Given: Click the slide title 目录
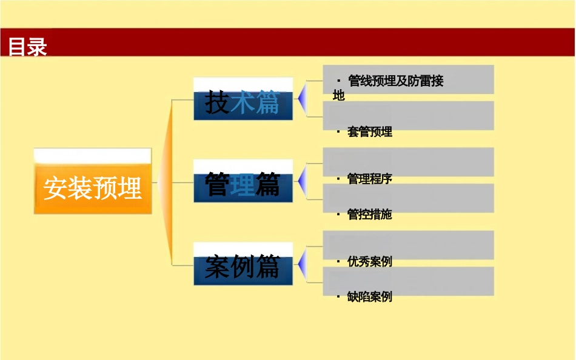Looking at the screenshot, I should [x=27, y=47].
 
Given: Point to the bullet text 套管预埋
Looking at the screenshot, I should [x=369, y=132].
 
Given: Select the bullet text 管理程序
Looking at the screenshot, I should [x=369, y=179].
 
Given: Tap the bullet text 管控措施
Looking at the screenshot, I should [x=369, y=215].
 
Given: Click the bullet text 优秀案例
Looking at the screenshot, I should [x=369, y=261].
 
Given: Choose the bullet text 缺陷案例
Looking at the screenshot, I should [x=369, y=297].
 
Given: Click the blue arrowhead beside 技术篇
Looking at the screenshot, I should [x=301, y=98].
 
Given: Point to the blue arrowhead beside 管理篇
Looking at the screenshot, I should [x=301, y=181].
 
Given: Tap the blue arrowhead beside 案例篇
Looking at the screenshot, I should [x=301, y=264].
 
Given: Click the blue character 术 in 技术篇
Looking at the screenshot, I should [x=243, y=102].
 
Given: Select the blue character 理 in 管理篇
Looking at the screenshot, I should [x=243, y=184].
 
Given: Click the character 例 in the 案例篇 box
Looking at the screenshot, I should [x=243, y=266].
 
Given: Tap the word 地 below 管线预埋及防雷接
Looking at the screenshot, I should [x=338, y=96].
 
